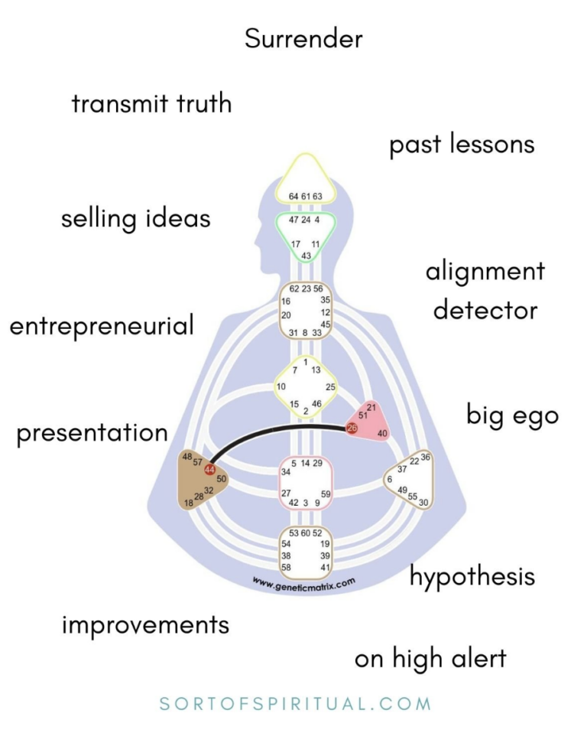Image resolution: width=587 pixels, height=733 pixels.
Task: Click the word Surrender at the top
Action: coord(303,39)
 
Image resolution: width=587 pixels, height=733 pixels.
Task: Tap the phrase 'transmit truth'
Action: coord(151,103)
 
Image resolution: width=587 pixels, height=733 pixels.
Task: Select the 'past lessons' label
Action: coord(462,145)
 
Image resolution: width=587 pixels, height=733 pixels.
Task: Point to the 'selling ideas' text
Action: coord(135,219)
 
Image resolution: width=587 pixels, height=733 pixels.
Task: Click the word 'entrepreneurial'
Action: coord(102,327)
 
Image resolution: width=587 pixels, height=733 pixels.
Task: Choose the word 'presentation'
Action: coord(92,433)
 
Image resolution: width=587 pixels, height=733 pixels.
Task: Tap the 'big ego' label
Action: coord(512,415)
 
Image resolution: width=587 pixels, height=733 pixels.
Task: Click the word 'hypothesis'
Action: coord(472,576)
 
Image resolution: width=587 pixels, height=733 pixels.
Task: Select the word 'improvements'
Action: coord(145,624)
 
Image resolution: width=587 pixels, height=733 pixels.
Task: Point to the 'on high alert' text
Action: coord(430,659)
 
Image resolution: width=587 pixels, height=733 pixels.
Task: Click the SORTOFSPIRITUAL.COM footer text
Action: coord(296,703)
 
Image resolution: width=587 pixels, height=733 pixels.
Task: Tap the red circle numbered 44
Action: coord(209,470)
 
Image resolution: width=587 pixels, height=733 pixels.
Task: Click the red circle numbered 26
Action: coord(352,428)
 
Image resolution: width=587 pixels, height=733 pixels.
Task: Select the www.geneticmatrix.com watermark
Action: coord(304,583)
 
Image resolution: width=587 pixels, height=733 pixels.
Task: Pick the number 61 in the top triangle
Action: coord(306,197)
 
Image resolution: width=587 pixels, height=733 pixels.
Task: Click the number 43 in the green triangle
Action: coord(306,255)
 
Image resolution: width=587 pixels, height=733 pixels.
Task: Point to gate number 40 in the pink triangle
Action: coord(383,434)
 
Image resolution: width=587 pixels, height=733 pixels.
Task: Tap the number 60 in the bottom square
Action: coord(306,533)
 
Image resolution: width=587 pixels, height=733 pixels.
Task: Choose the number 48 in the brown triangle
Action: coord(186,457)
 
